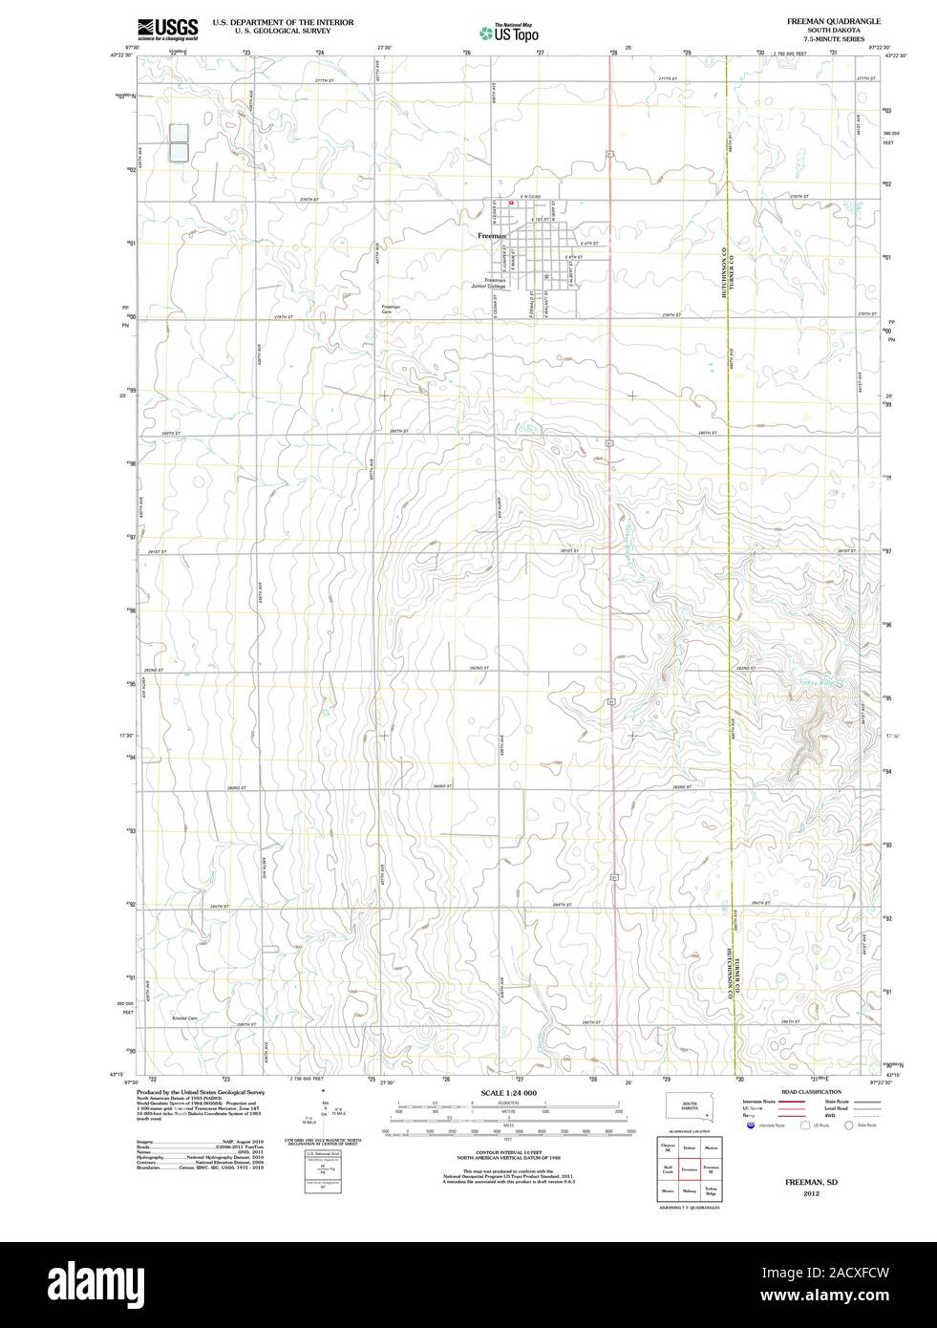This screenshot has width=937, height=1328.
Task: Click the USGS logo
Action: (x=167, y=28)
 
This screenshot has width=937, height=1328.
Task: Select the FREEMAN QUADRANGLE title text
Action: (x=827, y=20)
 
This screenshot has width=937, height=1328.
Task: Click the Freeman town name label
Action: (x=492, y=234)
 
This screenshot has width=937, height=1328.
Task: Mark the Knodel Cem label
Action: (x=184, y=1017)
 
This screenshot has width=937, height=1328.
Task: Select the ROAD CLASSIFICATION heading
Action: (x=812, y=1091)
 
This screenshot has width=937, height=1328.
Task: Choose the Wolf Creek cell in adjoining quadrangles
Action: (x=668, y=1169)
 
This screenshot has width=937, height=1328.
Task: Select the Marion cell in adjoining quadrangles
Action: (x=711, y=1147)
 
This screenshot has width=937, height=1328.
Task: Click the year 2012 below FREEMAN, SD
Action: (x=811, y=1193)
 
